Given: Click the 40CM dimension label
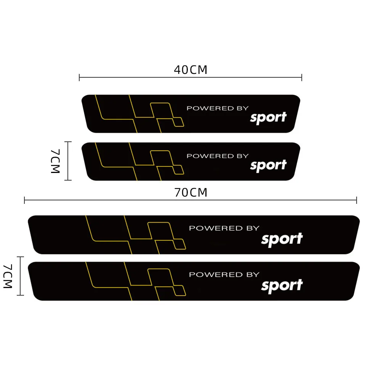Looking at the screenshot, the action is click(190, 70).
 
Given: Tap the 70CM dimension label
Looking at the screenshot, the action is click(190, 193).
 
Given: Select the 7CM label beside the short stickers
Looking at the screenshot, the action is click(56, 161).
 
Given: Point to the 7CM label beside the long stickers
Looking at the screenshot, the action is click(8, 276).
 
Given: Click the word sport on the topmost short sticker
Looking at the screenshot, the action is click(268, 118).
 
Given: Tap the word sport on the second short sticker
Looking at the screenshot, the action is click(268, 165).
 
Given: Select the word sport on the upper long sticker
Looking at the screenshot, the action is click(282, 239).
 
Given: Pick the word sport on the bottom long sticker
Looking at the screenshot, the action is click(282, 286).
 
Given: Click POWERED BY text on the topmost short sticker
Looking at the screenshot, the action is click(217, 108).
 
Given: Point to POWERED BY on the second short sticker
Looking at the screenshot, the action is click(217, 156).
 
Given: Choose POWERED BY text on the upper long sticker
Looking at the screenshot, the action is click(224, 228).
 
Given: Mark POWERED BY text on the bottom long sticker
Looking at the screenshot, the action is click(224, 275).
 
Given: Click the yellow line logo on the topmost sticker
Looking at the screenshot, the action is click(139, 114).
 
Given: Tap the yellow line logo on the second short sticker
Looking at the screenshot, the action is click(139, 161).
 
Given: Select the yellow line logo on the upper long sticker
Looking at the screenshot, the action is click(136, 234).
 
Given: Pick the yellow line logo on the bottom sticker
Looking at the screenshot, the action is click(136, 281).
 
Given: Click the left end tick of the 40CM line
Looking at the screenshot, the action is click(79, 78).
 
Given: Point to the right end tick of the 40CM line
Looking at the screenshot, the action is click(302, 78).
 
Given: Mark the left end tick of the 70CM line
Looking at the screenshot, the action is click(24, 200).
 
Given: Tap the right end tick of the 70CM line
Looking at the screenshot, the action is click(357, 200).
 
